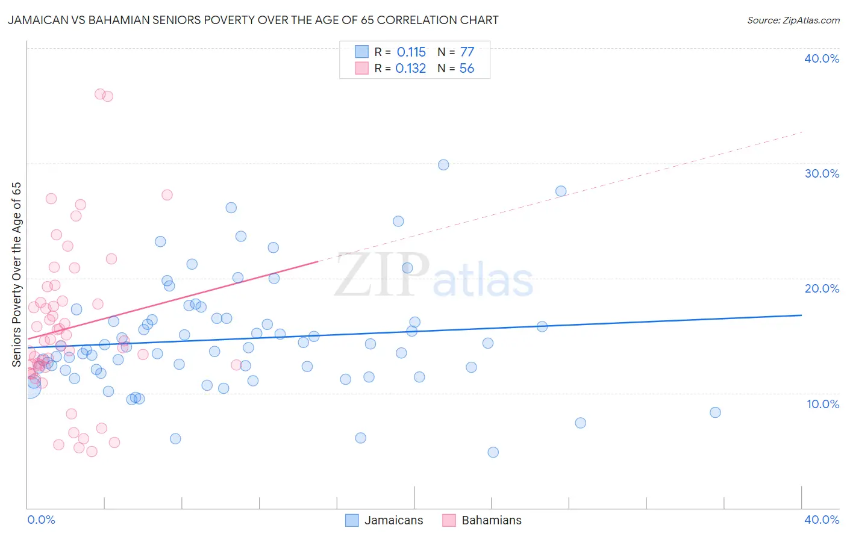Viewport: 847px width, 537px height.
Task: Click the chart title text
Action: [253, 20]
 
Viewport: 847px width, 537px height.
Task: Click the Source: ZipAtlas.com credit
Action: [793, 20]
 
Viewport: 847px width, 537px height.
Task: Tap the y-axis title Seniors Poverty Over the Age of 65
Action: [16, 274]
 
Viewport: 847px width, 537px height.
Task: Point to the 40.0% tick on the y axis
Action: [822, 58]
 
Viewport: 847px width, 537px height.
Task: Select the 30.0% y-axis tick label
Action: [822, 173]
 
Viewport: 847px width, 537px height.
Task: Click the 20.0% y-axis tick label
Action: [822, 288]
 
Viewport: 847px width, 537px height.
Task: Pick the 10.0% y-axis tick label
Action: [822, 403]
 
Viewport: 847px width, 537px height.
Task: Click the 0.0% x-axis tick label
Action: [41, 520]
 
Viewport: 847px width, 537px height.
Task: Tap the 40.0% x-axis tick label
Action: [822, 520]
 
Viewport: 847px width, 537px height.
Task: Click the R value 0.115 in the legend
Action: [411, 52]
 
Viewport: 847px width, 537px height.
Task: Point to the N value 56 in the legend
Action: [467, 69]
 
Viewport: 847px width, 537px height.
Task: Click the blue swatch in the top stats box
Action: [361, 52]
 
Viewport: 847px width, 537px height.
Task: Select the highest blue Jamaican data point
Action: [443, 165]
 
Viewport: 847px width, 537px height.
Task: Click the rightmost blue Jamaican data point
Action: [715, 412]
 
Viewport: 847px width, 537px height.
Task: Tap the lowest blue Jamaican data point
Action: [493, 452]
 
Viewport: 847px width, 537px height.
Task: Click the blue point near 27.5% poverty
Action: [561, 191]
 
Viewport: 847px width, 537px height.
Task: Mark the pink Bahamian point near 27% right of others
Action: [167, 195]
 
